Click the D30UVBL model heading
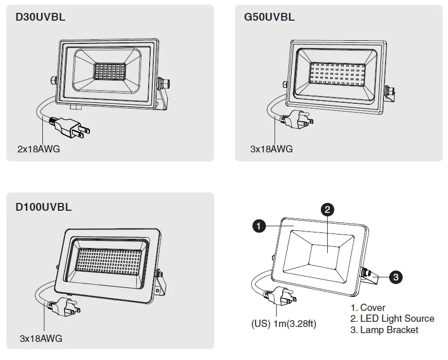(40, 17)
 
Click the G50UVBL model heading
(269, 17)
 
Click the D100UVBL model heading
(43, 208)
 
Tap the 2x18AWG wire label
(39, 150)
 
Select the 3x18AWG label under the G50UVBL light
(271, 149)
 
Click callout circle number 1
(259, 226)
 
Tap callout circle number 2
(328, 209)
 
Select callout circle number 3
(395, 277)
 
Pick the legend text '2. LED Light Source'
(392, 319)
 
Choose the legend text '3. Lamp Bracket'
(385, 330)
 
